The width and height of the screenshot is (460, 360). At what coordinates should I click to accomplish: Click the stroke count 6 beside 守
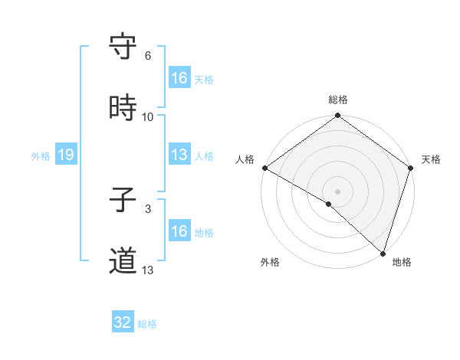tap(147, 56)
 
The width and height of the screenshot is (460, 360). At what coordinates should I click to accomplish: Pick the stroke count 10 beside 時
tap(147, 117)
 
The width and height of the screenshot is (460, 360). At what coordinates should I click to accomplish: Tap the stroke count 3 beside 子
tap(147, 208)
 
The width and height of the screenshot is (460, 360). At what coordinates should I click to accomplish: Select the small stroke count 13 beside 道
tap(147, 270)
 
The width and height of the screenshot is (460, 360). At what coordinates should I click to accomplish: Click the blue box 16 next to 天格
tap(179, 78)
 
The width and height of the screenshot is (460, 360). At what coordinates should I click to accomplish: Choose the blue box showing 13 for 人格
tap(179, 155)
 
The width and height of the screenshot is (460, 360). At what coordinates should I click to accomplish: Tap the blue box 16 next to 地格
tap(179, 231)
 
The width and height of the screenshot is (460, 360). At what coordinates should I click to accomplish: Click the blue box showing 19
tap(65, 155)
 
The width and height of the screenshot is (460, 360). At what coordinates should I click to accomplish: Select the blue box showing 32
tap(122, 322)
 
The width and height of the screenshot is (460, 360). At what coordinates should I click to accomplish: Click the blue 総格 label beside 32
tap(147, 324)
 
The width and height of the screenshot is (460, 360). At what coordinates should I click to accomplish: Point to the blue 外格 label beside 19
tap(41, 156)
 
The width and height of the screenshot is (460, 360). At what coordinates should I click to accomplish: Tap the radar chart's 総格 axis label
tap(337, 100)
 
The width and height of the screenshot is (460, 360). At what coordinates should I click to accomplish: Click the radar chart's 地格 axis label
tap(402, 263)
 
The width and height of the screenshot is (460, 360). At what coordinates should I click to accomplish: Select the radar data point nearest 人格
tap(264, 168)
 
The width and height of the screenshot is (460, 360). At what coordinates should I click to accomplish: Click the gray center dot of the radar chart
tap(337, 191)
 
